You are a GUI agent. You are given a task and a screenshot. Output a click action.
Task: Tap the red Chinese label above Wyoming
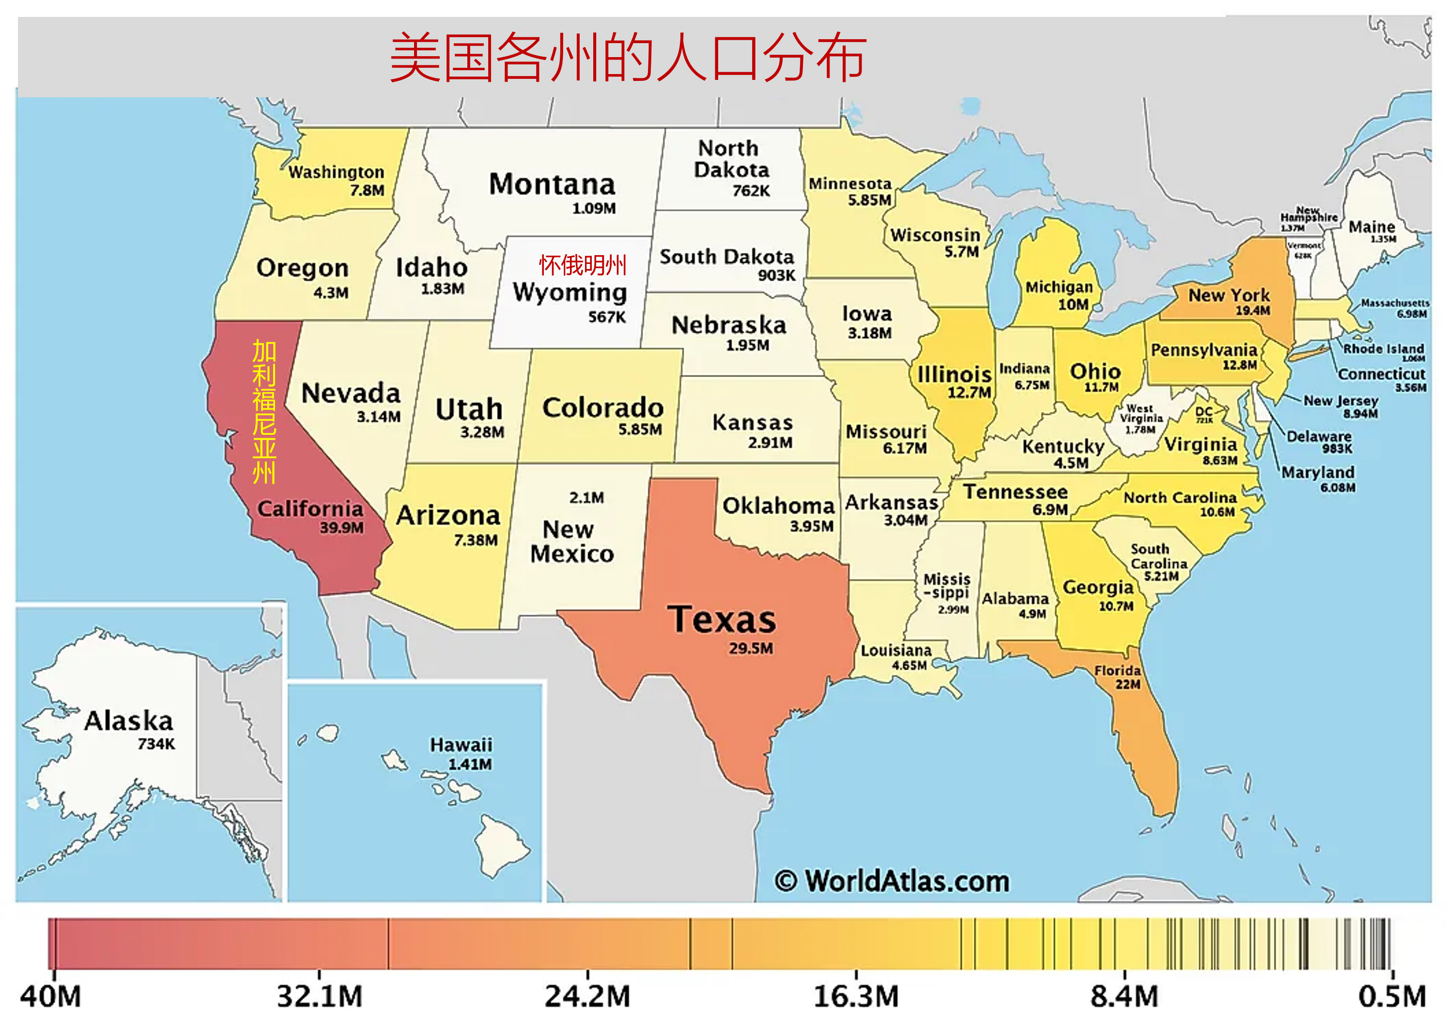[582, 265]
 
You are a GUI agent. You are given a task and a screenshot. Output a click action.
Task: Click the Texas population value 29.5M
[750, 648]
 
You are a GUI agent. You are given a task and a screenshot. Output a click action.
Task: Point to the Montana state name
[552, 184]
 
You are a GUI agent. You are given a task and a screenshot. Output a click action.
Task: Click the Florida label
[1117, 670]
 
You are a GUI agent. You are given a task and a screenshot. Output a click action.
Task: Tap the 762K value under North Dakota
[751, 191]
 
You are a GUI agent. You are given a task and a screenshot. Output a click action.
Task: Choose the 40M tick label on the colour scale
[50, 997]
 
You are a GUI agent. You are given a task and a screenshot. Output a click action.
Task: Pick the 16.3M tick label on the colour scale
[856, 997]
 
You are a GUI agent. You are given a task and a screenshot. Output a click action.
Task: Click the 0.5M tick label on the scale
[1391, 997]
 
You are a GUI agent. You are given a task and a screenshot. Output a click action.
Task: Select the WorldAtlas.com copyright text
[892, 881]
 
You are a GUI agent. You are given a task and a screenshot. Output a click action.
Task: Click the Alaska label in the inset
[128, 721]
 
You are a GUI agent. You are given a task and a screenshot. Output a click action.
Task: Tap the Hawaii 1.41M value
[469, 765]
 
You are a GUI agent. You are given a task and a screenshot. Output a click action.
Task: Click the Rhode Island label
[1383, 349]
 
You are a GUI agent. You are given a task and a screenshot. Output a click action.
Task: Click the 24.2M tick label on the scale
[587, 997]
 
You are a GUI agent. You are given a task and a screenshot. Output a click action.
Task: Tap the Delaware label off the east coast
[1319, 437]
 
